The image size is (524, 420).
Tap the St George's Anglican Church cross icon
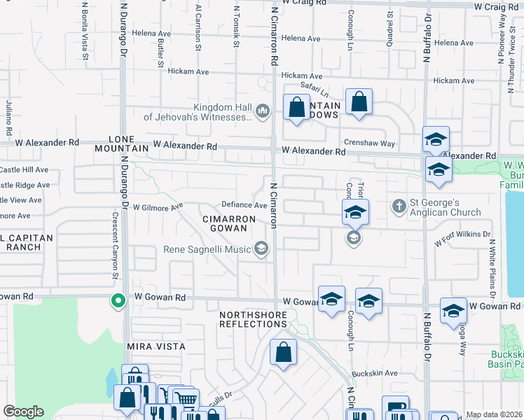click(399, 206)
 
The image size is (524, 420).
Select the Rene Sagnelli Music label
click(207, 249)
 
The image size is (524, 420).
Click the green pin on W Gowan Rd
click(118, 301)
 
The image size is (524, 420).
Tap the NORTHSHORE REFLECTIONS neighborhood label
click(254, 320)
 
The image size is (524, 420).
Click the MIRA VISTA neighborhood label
click(156, 346)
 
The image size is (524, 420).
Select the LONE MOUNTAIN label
click(127, 143)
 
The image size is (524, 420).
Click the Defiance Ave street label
click(244, 205)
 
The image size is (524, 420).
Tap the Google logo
click(24, 412)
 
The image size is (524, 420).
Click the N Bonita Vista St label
click(85, 21)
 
